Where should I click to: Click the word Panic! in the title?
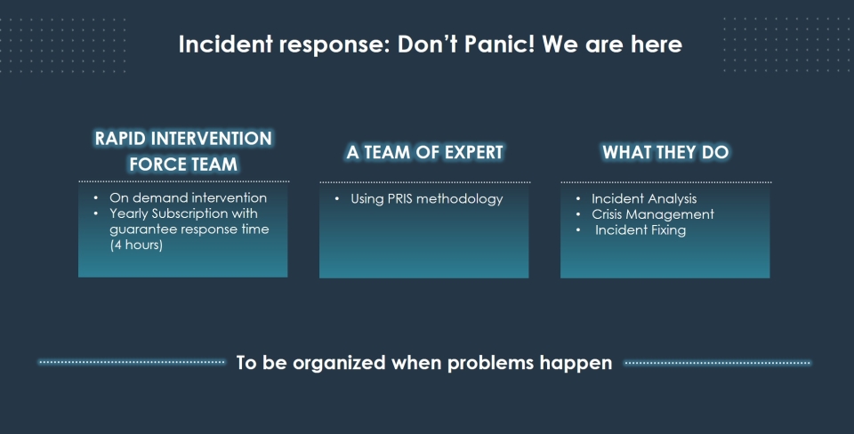(499, 44)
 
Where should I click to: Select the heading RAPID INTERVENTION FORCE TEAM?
(183, 151)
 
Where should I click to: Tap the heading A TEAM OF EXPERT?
(425, 152)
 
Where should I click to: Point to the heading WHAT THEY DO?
(665, 152)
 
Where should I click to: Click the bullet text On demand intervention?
(188, 197)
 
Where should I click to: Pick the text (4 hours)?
(136, 245)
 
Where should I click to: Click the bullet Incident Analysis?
(644, 198)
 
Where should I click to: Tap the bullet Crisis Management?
(653, 214)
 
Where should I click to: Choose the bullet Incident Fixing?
(640, 230)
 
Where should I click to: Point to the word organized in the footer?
(339, 363)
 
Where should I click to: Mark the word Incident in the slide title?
(225, 44)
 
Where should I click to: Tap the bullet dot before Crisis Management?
(578, 214)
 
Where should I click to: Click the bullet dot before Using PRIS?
(336, 198)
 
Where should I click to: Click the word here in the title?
(657, 44)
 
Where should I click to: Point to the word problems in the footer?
(490, 363)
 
